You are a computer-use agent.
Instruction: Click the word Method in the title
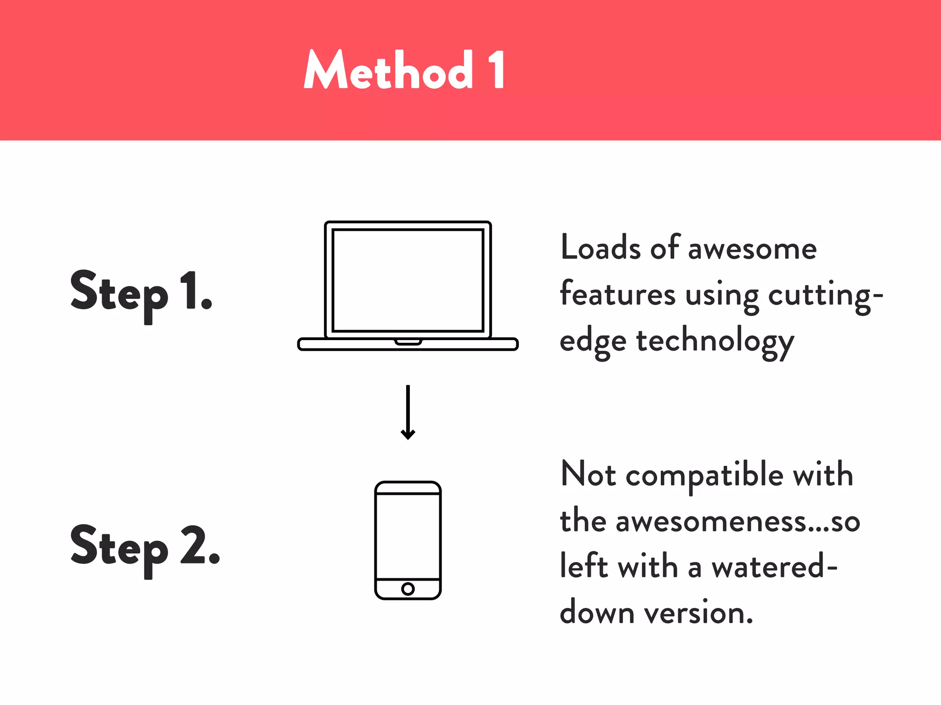click(x=389, y=70)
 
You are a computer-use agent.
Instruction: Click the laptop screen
click(x=408, y=280)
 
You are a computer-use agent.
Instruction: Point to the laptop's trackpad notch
click(x=408, y=341)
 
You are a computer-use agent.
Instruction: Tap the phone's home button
click(x=408, y=588)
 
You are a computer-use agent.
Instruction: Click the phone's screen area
click(x=408, y=536)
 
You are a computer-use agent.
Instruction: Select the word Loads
click(x=601, y=248)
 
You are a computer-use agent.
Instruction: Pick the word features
click(x=618, y=294)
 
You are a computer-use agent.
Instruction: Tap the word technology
click(x=715, y=342)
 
